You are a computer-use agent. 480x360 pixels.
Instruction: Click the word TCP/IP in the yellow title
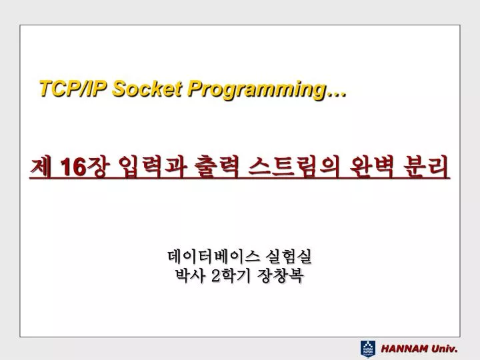(x=73, y=89)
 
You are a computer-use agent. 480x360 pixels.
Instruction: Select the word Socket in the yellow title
(x=147, y=89)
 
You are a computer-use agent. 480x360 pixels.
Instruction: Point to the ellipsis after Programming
(x=336, y=95)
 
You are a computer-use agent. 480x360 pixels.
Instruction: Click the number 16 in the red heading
(x=73, y=167)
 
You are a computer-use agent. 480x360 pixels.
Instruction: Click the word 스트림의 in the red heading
(x=294, y=167)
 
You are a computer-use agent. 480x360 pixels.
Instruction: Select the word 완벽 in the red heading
(x=371, y=167)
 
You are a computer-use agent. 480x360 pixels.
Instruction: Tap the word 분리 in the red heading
(x=426, y=167)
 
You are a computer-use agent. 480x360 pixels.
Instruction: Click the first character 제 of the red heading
(x=40, y=167)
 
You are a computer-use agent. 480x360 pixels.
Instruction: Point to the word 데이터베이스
(x=214, y=257)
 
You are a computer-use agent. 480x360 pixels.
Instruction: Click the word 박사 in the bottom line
(x=189, y=275)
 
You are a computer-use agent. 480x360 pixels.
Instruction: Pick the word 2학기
(x=231, y=275)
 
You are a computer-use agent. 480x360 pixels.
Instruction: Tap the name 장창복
(x=281, y=275)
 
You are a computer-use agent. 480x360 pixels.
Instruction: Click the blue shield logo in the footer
(x=367, y=349)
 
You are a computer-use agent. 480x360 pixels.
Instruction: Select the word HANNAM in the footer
(x=405, y=349)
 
